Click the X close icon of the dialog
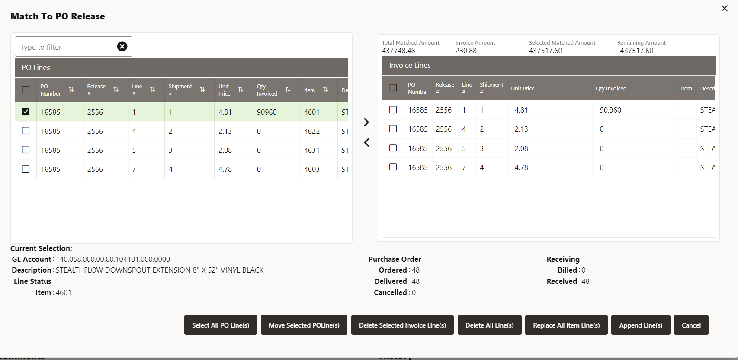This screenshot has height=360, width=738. coord(725,9)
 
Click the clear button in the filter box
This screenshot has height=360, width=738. coord(122,46)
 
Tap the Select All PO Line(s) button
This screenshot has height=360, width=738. coord(220,325)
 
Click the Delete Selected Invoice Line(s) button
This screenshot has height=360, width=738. coord(402,325)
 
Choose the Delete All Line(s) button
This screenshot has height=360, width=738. coord(489,325)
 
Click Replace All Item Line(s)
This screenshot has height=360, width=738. coord(566,325)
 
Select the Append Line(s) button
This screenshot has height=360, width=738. coord(641,325)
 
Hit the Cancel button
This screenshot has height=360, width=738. coord(691,325)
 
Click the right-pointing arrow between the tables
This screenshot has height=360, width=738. coord(366,122)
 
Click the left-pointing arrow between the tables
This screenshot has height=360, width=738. coord(366,142)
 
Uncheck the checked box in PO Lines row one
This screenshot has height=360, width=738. coord(26,112)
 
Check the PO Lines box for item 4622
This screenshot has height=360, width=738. coord(26,131)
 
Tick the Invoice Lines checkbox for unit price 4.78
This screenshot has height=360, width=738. coord(393,167)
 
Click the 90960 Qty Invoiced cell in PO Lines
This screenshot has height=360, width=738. coord(267,112)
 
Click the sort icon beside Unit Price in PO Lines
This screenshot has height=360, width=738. coord(241,90)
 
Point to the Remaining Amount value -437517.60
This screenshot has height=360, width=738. coord(635,51)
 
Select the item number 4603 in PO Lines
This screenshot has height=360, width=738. coord(311,169)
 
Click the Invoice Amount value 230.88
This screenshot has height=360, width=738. coord(466,51)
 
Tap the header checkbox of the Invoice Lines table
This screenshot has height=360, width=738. coord(393,88)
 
